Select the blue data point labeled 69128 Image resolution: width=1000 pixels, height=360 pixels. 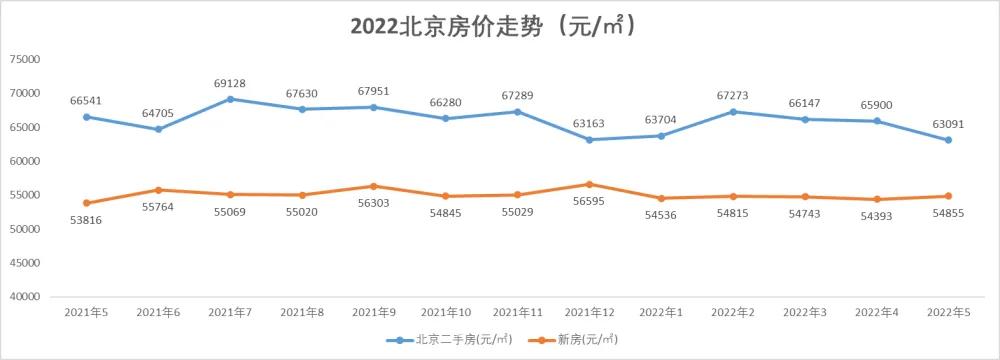click(230, 99)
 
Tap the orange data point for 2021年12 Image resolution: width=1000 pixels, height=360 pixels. click(589, 184)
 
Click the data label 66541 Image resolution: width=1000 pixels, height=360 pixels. click(86, 101)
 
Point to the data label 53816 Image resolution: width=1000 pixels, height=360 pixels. click(86, 219)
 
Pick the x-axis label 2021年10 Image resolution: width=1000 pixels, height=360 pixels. click(446, 313)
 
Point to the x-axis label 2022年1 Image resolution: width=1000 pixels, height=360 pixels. click(661, 313)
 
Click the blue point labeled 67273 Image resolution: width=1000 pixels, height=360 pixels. click(733, 111)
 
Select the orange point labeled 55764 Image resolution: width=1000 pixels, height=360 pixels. click(158, 190)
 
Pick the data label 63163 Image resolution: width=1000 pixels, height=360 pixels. click(589, 124)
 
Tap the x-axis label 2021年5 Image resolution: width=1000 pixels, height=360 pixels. click(86, 313)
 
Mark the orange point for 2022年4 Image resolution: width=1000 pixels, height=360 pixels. click(877, 199)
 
